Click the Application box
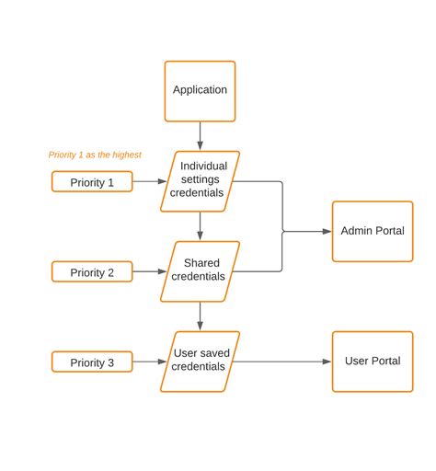[200, 90]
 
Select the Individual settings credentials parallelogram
[200, 180]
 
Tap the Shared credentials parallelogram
[200, 270]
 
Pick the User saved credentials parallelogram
[200, 361]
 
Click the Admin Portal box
[372, 231]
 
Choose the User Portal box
[372, 361]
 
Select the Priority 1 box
[92, 182]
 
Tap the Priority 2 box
[92, 272]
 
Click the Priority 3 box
[92, 362]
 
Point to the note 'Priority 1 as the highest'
[95, 155]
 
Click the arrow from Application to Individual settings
[200, 135]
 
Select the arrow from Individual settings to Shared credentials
[200, 225]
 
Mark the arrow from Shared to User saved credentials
[200, 316]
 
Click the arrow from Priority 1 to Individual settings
[149, 182]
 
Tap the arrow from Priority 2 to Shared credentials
[149, 272]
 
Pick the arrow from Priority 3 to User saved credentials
[149, 362]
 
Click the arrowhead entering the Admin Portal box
[327, 231]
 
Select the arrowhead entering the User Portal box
[327, 362]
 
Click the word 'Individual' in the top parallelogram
[203, 167]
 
